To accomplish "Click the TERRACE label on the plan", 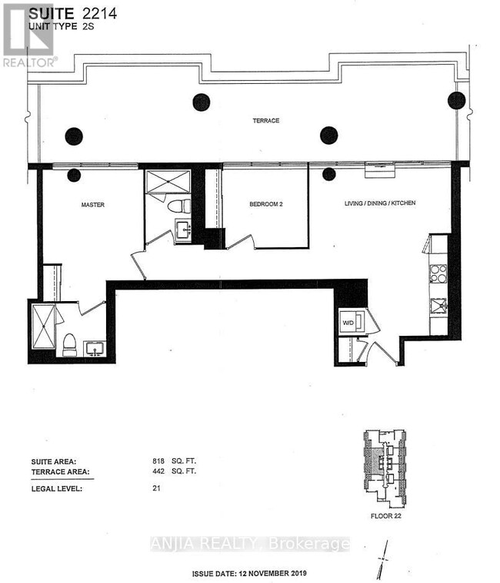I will [266, 121].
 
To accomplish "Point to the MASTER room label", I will [92, 205].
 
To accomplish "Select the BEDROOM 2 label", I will [266, 205].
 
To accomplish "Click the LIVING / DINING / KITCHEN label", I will [380, 203].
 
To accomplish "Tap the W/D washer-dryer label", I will [348, 322].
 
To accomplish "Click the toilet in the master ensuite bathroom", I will [68, 344].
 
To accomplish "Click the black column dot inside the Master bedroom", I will [74, 175].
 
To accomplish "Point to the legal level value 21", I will [158, 487].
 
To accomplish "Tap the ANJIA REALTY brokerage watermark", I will [250, 544].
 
